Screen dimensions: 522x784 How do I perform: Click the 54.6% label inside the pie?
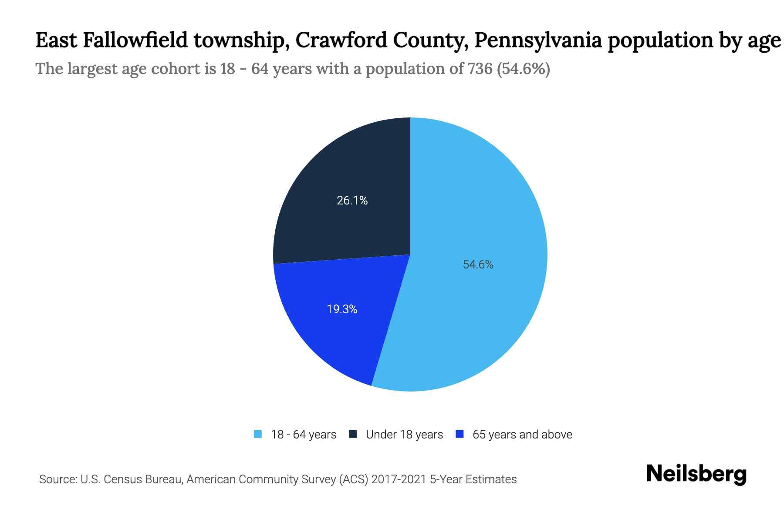pos(478,264)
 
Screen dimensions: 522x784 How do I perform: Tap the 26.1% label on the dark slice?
pos(352,201)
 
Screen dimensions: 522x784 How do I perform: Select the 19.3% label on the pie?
pos(342,309)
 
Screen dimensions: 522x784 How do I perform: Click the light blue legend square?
pos(258,434)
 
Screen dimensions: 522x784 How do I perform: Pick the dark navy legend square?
pos(353,434)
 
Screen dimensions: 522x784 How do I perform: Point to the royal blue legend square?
pos(459,434)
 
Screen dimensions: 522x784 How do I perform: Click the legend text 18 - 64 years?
pos(304,435)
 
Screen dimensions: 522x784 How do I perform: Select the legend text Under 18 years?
pos(404,435)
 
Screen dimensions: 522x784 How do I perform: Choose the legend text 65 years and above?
pos(522,435)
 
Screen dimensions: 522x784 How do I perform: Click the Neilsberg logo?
pos(696,474)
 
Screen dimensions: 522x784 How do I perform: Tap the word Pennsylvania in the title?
pos(538,40)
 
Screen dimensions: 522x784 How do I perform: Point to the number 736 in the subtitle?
pos(480,69)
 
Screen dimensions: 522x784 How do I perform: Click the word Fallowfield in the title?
pos(135,40)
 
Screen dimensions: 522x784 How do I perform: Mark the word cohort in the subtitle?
pos(176,69)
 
